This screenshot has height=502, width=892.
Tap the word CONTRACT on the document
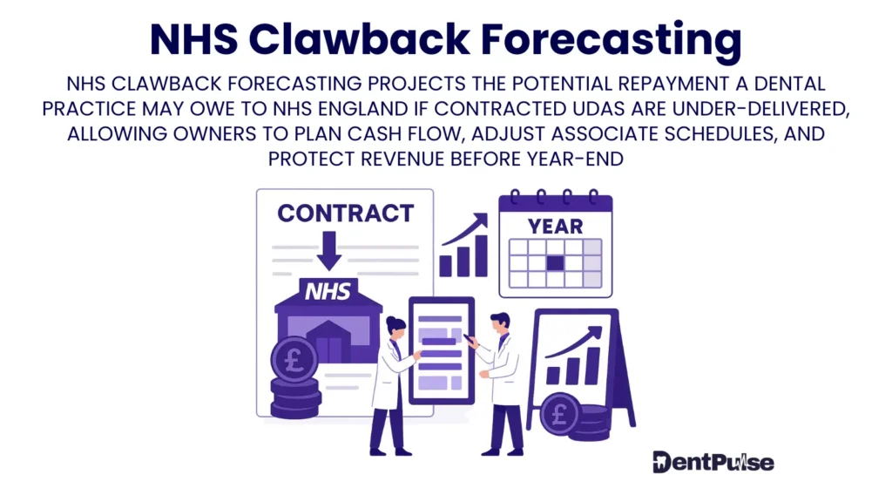pyautogui.click(x=345, y=213)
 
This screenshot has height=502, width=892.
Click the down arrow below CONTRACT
pyautogui.click(x=329, y=249)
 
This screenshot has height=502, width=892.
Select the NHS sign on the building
pyautogui.click(x=327, y=291)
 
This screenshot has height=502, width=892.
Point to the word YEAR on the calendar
pyautogui.click(x=555, y=227)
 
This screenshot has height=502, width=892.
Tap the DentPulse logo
pyautogui.click(x=713, y=462)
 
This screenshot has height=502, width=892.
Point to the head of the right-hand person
pyautogui.click(x=499, y=324)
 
